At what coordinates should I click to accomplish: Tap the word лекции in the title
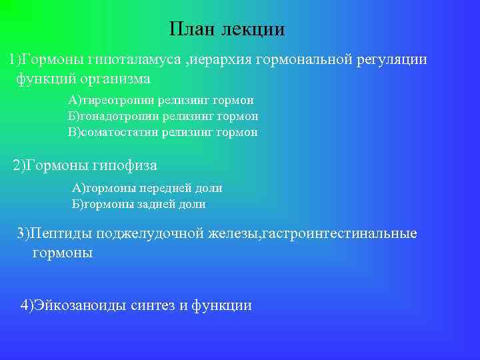pos(255,30)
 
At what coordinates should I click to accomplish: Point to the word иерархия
pos(225,60)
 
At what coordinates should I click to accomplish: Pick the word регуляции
pos(393,60)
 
